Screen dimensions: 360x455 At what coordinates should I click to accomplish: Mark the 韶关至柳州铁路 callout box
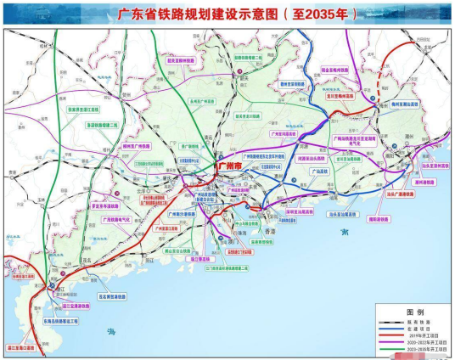tap(181, 61)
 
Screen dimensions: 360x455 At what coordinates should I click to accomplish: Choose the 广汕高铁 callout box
tap(317, 171)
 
